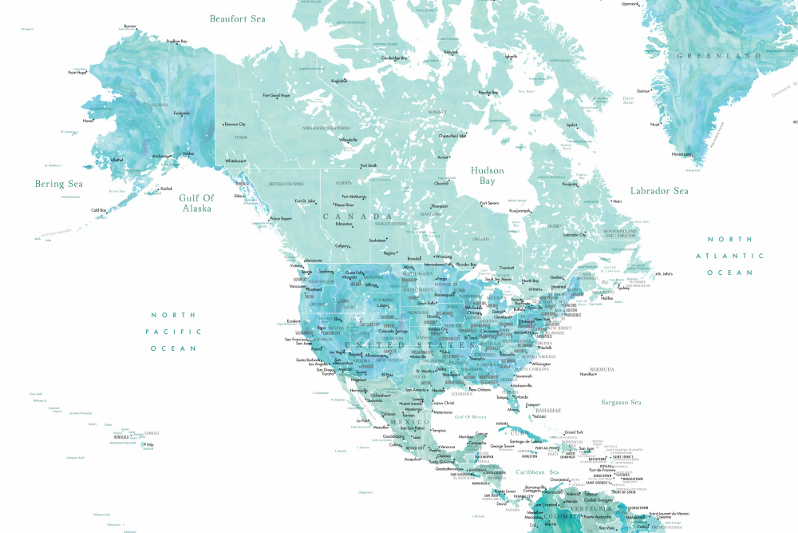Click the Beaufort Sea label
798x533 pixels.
237,18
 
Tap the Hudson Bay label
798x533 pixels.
487,176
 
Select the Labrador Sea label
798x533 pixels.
658,191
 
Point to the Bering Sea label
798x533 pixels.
59,184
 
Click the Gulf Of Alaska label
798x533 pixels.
196,203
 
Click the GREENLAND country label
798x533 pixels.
719,56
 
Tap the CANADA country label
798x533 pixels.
358,217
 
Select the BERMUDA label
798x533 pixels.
602,369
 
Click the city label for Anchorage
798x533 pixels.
161,156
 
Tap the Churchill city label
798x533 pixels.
441,183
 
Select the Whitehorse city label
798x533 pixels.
235,161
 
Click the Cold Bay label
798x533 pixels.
99,210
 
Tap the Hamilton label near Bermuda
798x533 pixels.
587,374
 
